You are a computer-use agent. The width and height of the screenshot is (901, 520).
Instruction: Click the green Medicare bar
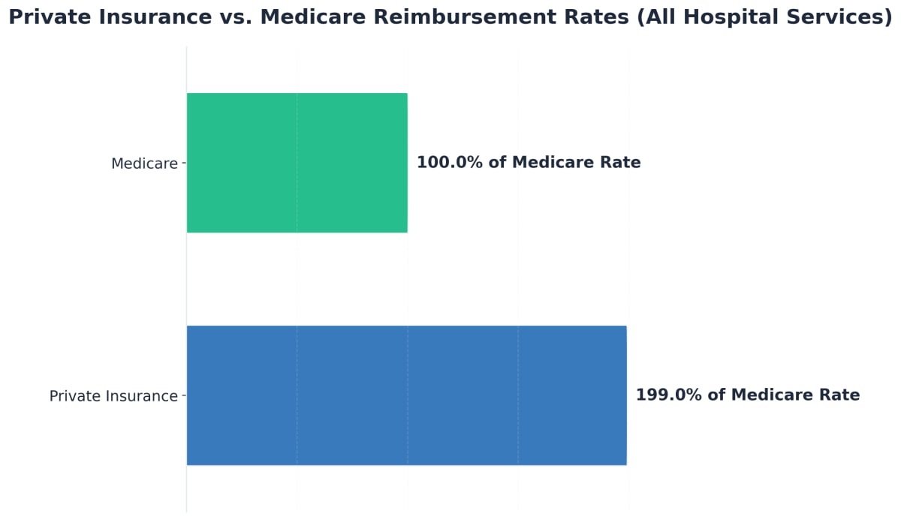297,163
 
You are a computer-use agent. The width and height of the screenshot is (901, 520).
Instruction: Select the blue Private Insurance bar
406,395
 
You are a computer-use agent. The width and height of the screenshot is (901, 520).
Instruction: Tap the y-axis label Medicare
144,164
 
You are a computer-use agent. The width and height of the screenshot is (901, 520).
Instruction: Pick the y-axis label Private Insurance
113,396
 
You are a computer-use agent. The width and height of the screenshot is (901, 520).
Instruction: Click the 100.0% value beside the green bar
448,163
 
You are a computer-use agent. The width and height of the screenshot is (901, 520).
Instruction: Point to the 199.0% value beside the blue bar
667,395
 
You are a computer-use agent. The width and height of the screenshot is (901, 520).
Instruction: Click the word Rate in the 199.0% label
840,395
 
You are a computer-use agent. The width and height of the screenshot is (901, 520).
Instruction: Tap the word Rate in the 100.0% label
621,163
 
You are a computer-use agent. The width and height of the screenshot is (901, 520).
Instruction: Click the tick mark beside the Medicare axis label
183,163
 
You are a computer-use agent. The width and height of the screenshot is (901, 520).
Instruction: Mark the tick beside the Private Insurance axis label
183,395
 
